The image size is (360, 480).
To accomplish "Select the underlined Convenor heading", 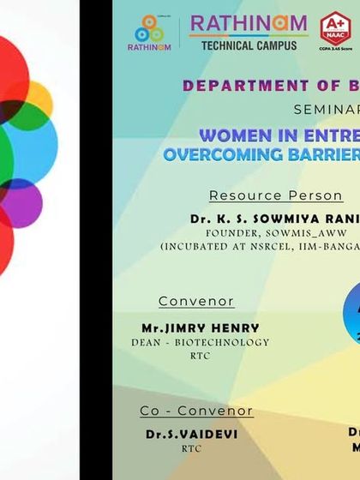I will (196, 302).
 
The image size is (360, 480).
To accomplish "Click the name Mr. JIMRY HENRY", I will (200, 328).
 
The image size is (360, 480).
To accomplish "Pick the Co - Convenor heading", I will (196, 411).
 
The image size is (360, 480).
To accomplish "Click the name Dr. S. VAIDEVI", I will (192, 435).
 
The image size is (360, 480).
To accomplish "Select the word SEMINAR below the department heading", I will (327, 110).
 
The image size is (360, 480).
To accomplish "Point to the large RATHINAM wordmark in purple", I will (249, 24).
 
